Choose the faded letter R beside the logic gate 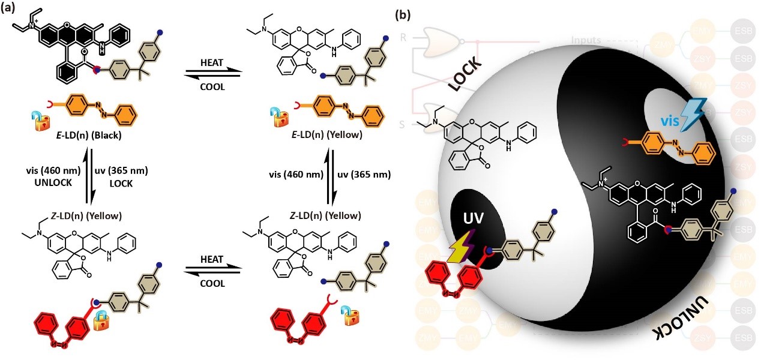[403, 38]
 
